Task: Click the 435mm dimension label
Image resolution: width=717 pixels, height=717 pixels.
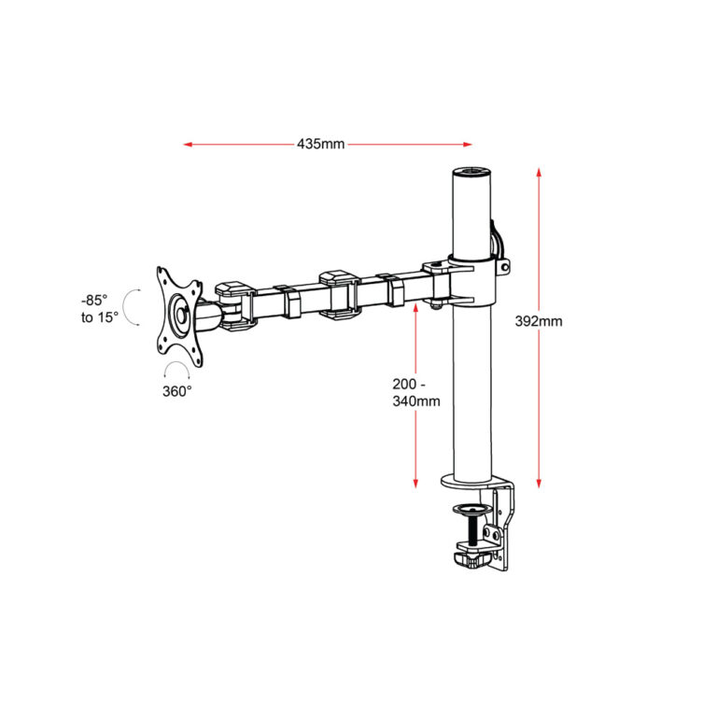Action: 321,145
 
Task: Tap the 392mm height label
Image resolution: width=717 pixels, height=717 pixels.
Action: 539,321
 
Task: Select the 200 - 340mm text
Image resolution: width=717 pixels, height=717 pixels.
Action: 415,392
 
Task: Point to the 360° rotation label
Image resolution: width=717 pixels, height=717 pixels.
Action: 177,390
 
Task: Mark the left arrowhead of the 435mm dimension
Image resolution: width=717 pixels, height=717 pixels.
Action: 188,145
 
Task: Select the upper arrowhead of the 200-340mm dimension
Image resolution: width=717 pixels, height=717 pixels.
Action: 415,306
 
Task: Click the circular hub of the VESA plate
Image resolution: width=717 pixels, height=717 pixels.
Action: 177,315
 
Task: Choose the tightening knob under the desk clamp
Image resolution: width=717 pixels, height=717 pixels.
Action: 471,559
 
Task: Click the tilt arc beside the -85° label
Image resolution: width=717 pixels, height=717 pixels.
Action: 134,308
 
